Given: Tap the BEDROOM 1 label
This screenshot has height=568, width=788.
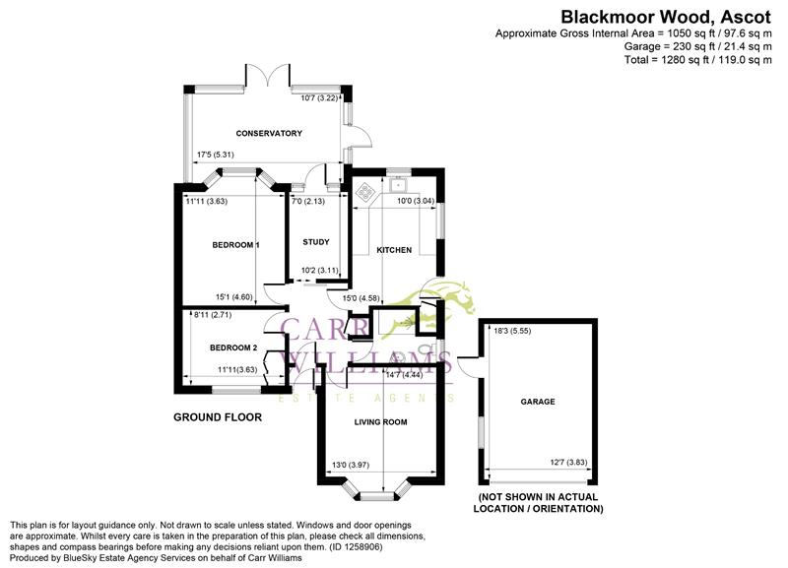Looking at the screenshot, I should coord(235,244).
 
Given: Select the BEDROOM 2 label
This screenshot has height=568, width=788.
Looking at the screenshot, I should coord(233,347).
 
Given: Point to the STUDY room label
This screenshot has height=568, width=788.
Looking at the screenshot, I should coord(315,242).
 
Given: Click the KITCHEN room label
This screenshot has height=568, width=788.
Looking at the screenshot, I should coord(394,250).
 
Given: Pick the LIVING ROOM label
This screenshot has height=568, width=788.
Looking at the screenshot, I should coord(380,422).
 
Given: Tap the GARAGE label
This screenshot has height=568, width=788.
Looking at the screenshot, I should coord(538,402).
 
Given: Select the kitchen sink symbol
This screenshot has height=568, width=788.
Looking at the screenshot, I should coord(402,185).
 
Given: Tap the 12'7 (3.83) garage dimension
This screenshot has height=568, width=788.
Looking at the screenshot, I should coord(567,464).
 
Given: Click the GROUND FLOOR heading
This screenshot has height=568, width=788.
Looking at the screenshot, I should coord(218,417).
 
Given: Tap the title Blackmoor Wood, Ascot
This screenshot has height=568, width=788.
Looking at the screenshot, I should coord(666,16).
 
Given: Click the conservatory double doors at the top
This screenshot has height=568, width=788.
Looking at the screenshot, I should coord(268,77).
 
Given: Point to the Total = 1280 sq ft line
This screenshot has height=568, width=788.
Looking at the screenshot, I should coord(697,60).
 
